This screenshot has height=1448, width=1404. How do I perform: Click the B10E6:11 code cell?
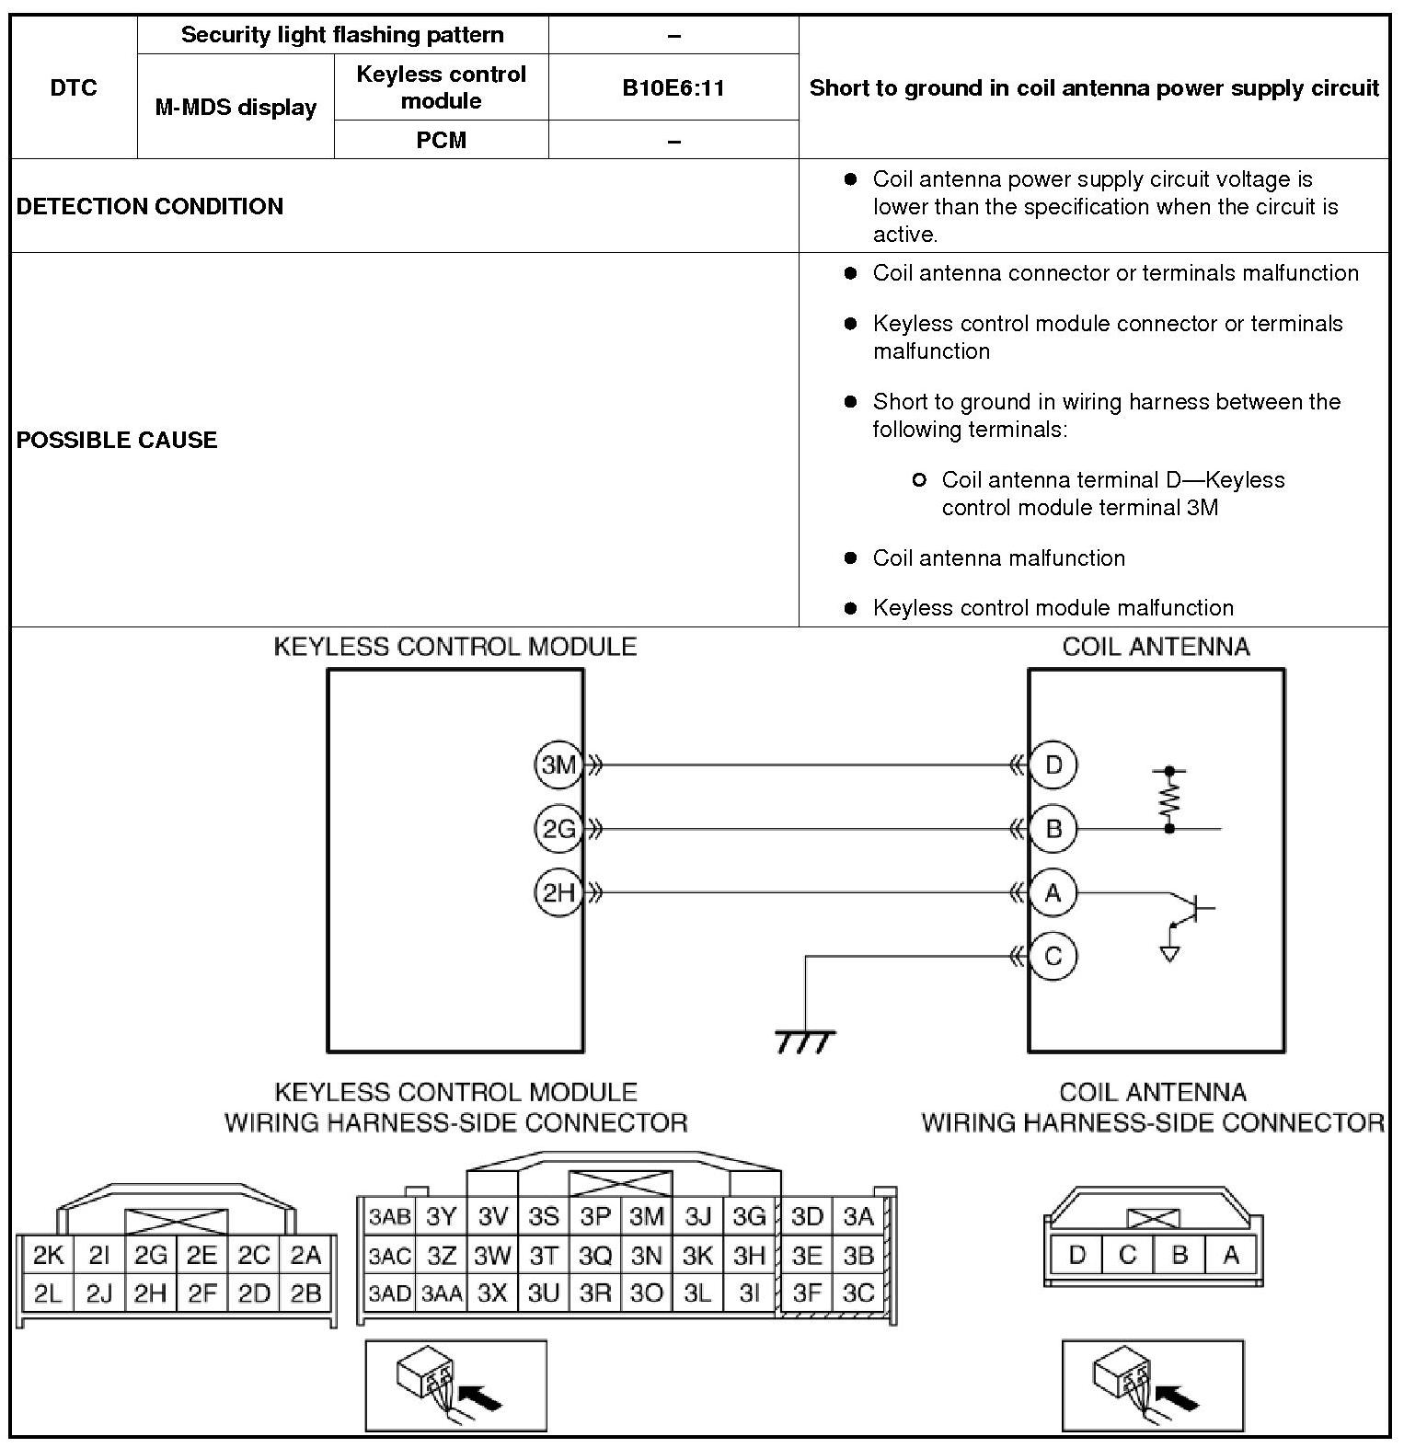point(673,87)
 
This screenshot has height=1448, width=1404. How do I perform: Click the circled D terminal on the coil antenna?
point(1053,764)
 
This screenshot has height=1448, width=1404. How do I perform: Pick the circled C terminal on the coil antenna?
point(1053,957)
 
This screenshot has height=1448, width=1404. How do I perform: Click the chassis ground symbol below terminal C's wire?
point(805,1041)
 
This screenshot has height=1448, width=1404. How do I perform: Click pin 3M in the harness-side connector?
point(647,1217)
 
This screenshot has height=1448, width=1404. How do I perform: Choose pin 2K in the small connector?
point(48,1256)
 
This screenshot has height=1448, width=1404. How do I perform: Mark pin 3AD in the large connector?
point(389,1293)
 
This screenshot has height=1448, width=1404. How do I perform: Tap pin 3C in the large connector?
point(858,1293)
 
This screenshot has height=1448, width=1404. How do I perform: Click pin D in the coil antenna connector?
point(1076,1255)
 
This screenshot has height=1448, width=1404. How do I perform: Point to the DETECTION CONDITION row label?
point(150,206)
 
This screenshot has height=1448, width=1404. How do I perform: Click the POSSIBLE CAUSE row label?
point(117,440)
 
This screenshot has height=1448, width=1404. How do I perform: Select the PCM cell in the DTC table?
point(442,140)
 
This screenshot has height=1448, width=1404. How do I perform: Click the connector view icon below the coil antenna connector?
point(1153,1385)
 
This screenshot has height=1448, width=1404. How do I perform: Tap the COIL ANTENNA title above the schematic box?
point(1156,647)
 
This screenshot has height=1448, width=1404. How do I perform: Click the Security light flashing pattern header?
point(342,35)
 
